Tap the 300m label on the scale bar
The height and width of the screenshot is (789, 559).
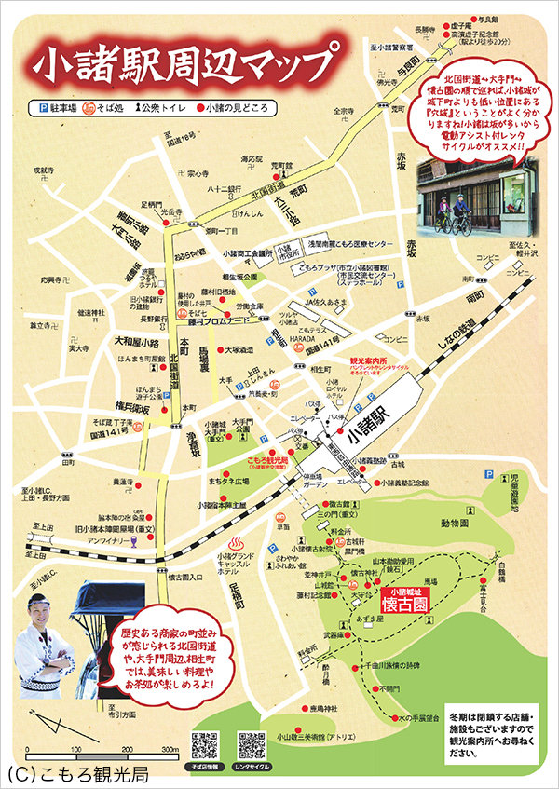pyautogui.click(x=170, y=749)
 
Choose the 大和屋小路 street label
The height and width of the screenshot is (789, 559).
pyautogui.click(x=137, y=341)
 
